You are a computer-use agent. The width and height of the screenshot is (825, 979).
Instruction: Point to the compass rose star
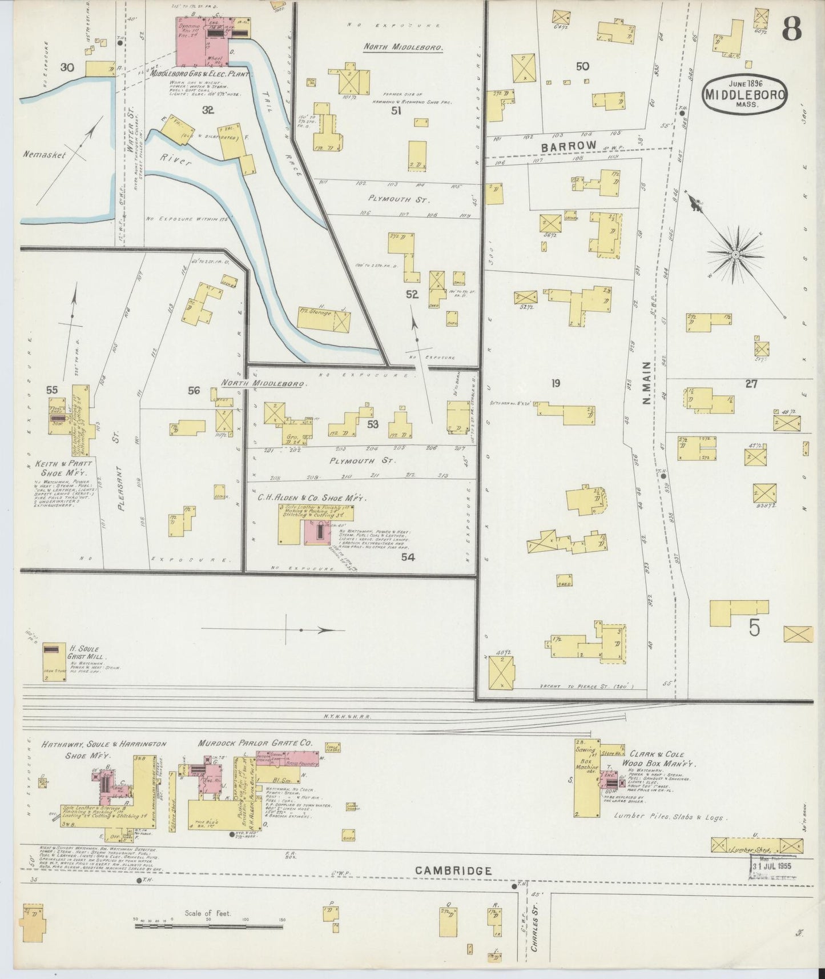tap(736, 254)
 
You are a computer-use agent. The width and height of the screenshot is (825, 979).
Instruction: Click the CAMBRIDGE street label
tap(453, 870)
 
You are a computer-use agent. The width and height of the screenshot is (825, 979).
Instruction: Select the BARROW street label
tap(568, 146)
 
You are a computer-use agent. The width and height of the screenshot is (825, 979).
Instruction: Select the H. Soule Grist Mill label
tap(86, 653)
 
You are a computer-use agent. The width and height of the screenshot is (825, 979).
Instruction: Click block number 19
tap(555, 383)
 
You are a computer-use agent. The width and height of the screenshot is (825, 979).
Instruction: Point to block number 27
tap(751, 384)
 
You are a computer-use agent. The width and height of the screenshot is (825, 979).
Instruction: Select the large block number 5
tap(754, 628)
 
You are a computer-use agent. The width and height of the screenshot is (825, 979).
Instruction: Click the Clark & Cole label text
tap(649, 755)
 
